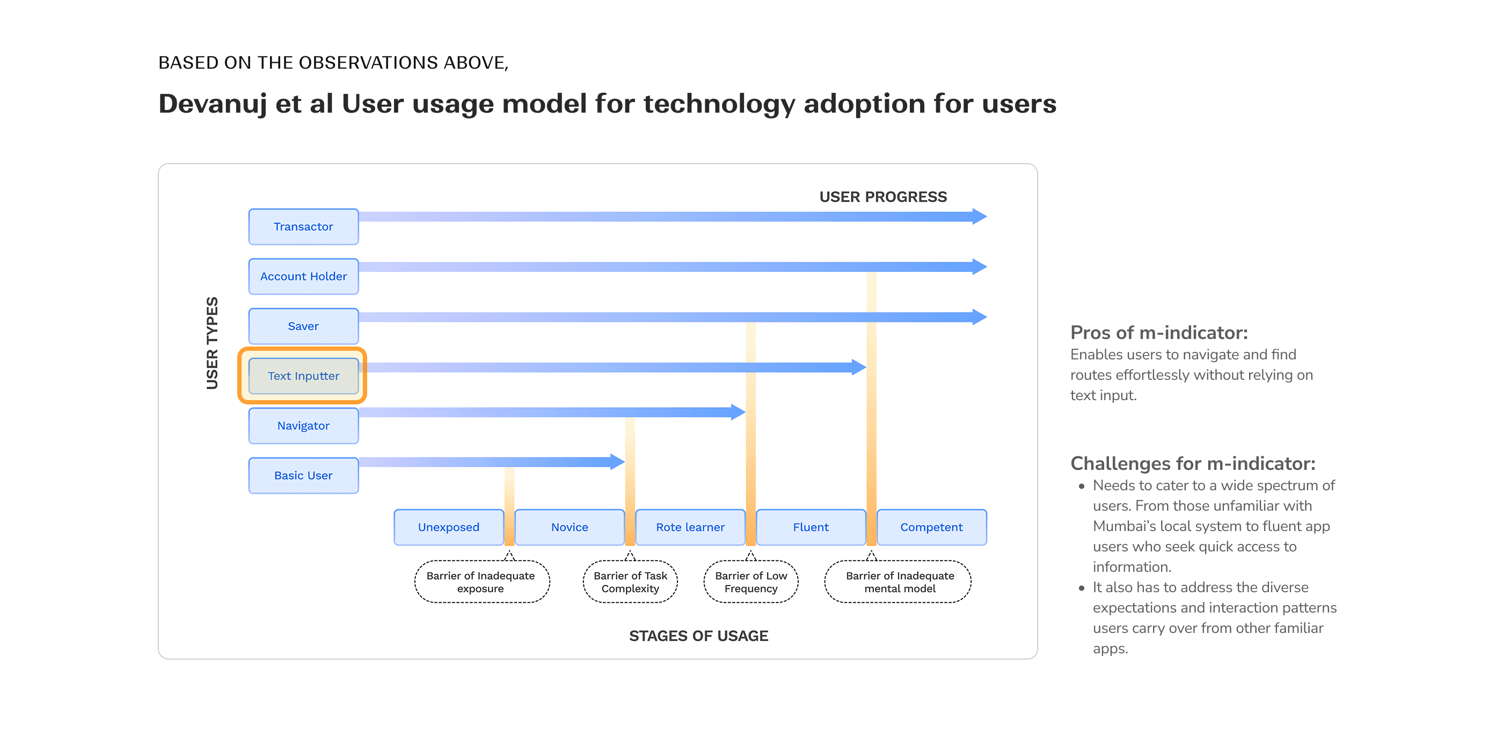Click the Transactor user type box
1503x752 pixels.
(303, 227)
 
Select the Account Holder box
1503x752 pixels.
(303, 276)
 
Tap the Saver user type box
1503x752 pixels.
(303, 327)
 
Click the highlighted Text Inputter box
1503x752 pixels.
(303, 376)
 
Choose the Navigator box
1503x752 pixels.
(303, 425)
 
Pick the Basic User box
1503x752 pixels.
(303, 476)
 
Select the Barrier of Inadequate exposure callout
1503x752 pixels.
(481, 582)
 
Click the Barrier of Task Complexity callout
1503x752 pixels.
(630, 582)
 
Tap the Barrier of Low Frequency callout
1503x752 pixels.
(751, 582)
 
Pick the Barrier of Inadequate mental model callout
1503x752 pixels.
(900, 582)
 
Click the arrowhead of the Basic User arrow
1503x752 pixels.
(617, 462)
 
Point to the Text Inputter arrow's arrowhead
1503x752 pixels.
(858, 367)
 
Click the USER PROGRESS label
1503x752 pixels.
(883, 197)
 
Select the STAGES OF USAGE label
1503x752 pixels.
(698, 636)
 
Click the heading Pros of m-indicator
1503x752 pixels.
(1159, 333)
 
